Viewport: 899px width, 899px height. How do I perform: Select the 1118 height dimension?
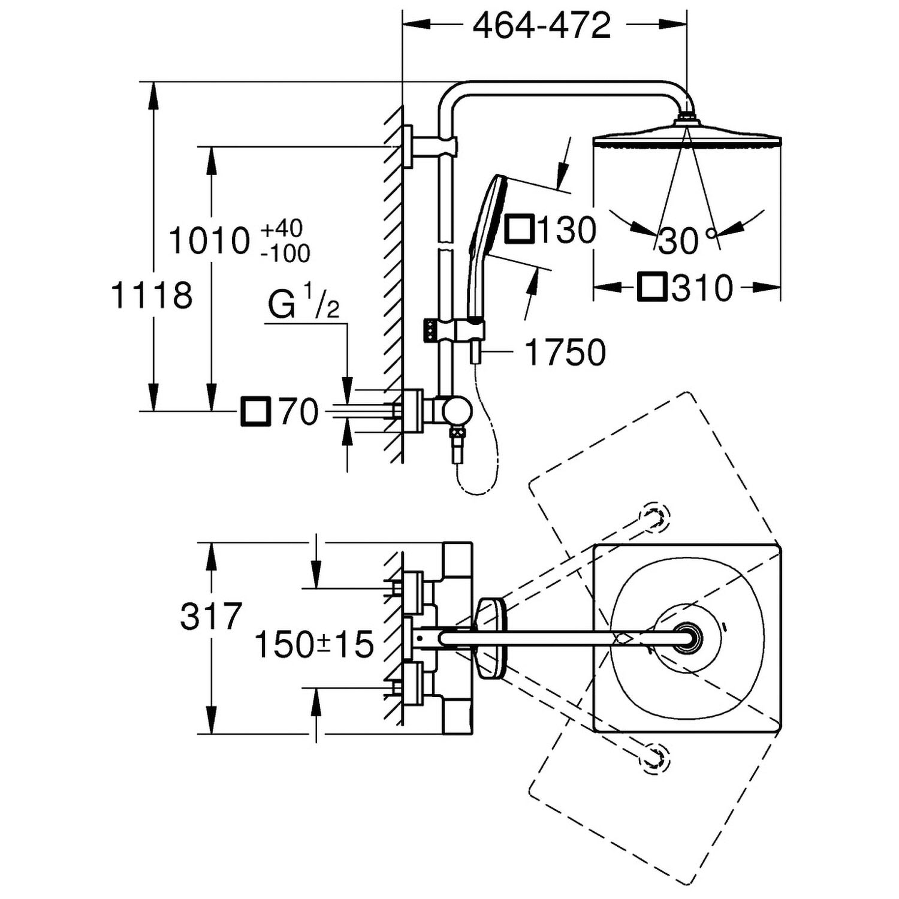coord(152,295)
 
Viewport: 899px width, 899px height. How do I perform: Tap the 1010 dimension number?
coord(209,241)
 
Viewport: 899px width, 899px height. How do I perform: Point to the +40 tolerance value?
coord(282,228)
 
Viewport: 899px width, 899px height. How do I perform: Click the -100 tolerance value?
coord(285,254)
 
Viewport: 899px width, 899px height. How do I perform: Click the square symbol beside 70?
coord(256,412)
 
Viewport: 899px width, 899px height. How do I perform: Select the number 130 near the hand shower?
coord(566,230)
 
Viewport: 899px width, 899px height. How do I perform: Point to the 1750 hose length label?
coord(565,352)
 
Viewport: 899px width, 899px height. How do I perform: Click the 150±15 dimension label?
coord(314,645)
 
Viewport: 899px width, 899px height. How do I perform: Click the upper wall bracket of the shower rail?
coord(432,146)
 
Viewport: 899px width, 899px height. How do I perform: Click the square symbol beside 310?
coord(652,288)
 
